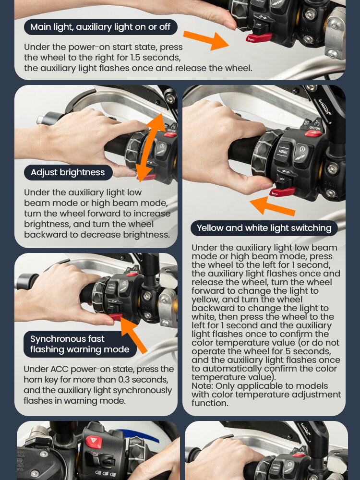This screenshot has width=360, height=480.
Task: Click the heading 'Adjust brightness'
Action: (68, 172)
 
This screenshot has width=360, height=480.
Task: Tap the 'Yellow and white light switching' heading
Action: (264, 228)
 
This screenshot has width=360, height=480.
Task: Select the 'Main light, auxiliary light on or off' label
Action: (100, 27)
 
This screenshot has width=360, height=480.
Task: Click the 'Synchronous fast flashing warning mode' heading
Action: (80, 344)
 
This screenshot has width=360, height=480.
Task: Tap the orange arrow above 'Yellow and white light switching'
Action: (272, 206)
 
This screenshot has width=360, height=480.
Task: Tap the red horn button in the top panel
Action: (259, 38)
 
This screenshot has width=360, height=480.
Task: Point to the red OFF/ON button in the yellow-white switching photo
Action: (313, 133)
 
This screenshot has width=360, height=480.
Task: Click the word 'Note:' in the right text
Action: (202, 386)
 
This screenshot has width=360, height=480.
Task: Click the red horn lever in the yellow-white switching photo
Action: (283, 192)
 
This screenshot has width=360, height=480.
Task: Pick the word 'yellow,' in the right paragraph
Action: (205, 300)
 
